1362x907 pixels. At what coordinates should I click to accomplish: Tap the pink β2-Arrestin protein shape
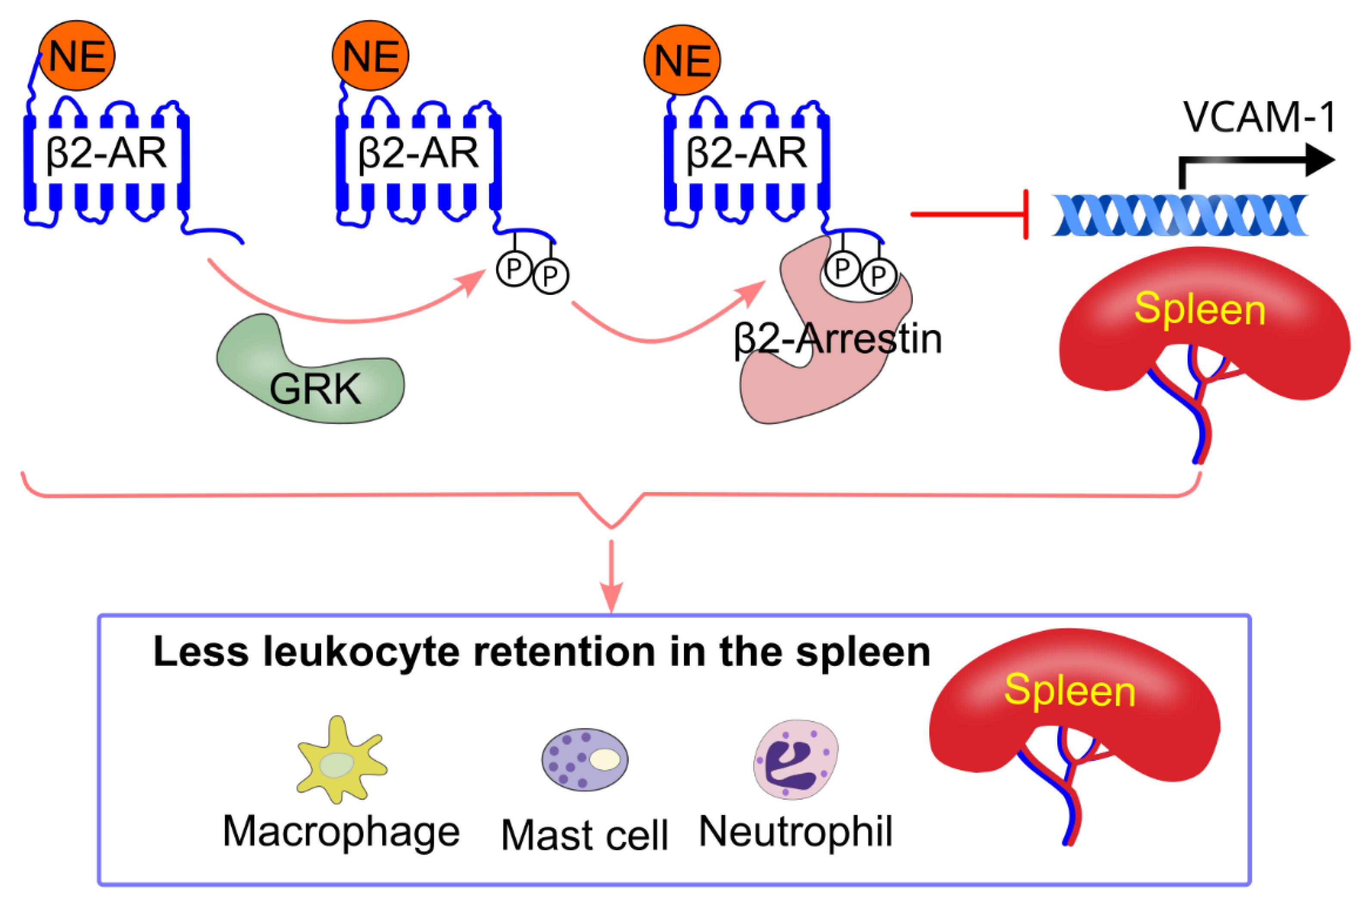tap(810, 382)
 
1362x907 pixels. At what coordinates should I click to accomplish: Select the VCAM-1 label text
tap(1258, 118)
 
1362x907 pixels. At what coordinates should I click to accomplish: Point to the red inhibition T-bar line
tap(972, 214)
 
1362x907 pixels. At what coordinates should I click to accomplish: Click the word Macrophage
tap(341, 833)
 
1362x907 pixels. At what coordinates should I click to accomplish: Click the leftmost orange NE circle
tap(77, 56)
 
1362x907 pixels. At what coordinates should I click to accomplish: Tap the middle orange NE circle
tap(370, 56)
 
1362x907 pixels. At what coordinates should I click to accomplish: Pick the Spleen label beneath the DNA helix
tap(1199, 310)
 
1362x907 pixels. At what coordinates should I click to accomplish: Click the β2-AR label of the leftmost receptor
tap(106, 153)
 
